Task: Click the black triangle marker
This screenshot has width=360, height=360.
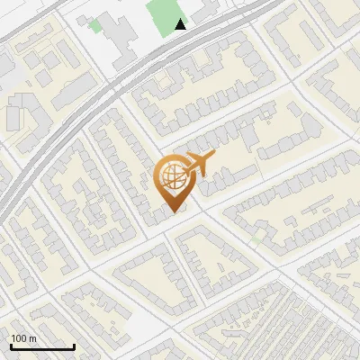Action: (182, 24)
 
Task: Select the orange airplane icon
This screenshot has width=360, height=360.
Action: (197, 165)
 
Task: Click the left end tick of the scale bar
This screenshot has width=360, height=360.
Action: (12, 346)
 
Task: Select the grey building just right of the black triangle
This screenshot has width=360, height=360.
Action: (202, 12)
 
